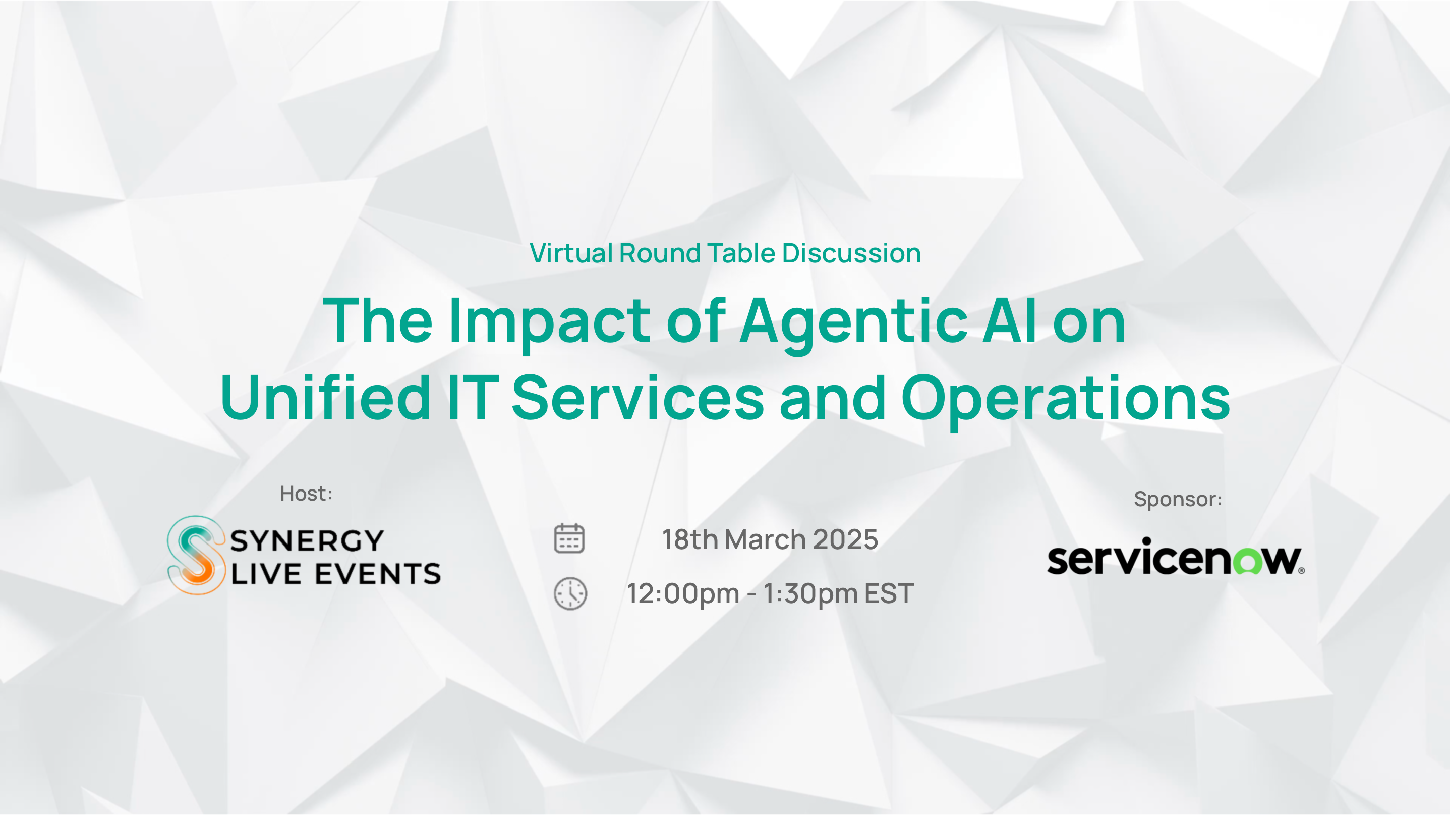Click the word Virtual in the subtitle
pyautogui.click(x=571, y=253)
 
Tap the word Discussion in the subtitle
pyautogui.click(x=852, y=253)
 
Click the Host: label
pyautogui.click(x=306, y=494)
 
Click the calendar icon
pyautogui.click(x=569, y=538)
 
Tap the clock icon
pyautogui.click(x=570, y=593)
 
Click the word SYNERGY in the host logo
pyautogui.click(x=307, y=540)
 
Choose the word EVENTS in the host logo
pyautogui.click(x=378, y=574)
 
